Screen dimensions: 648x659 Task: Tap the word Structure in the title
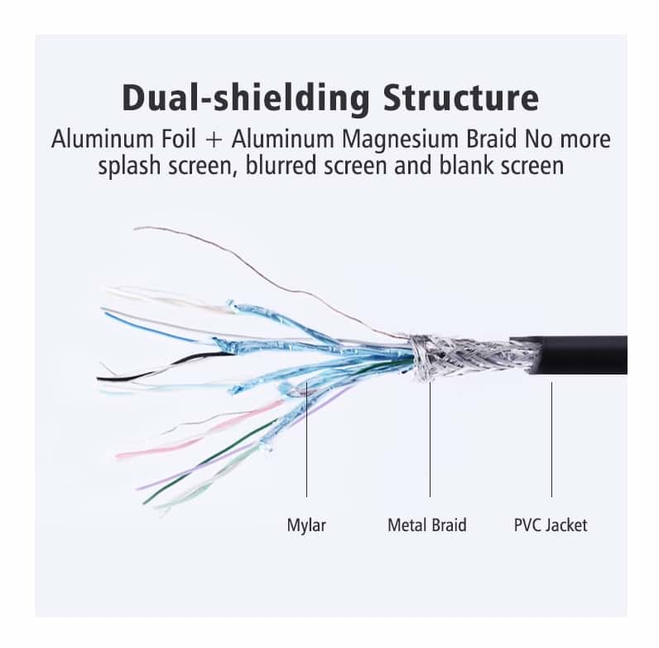click(460, 99)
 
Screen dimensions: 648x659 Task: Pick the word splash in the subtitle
click(125, 166)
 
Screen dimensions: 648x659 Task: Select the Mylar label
click(306, 525)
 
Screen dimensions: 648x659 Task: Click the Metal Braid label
click(427, 525)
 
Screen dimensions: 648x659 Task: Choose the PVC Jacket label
click(551, 525)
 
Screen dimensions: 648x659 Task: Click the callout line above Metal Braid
click(430, 439)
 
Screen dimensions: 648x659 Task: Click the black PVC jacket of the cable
click(580, 355)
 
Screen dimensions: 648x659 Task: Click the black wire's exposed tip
click(103, 379)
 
